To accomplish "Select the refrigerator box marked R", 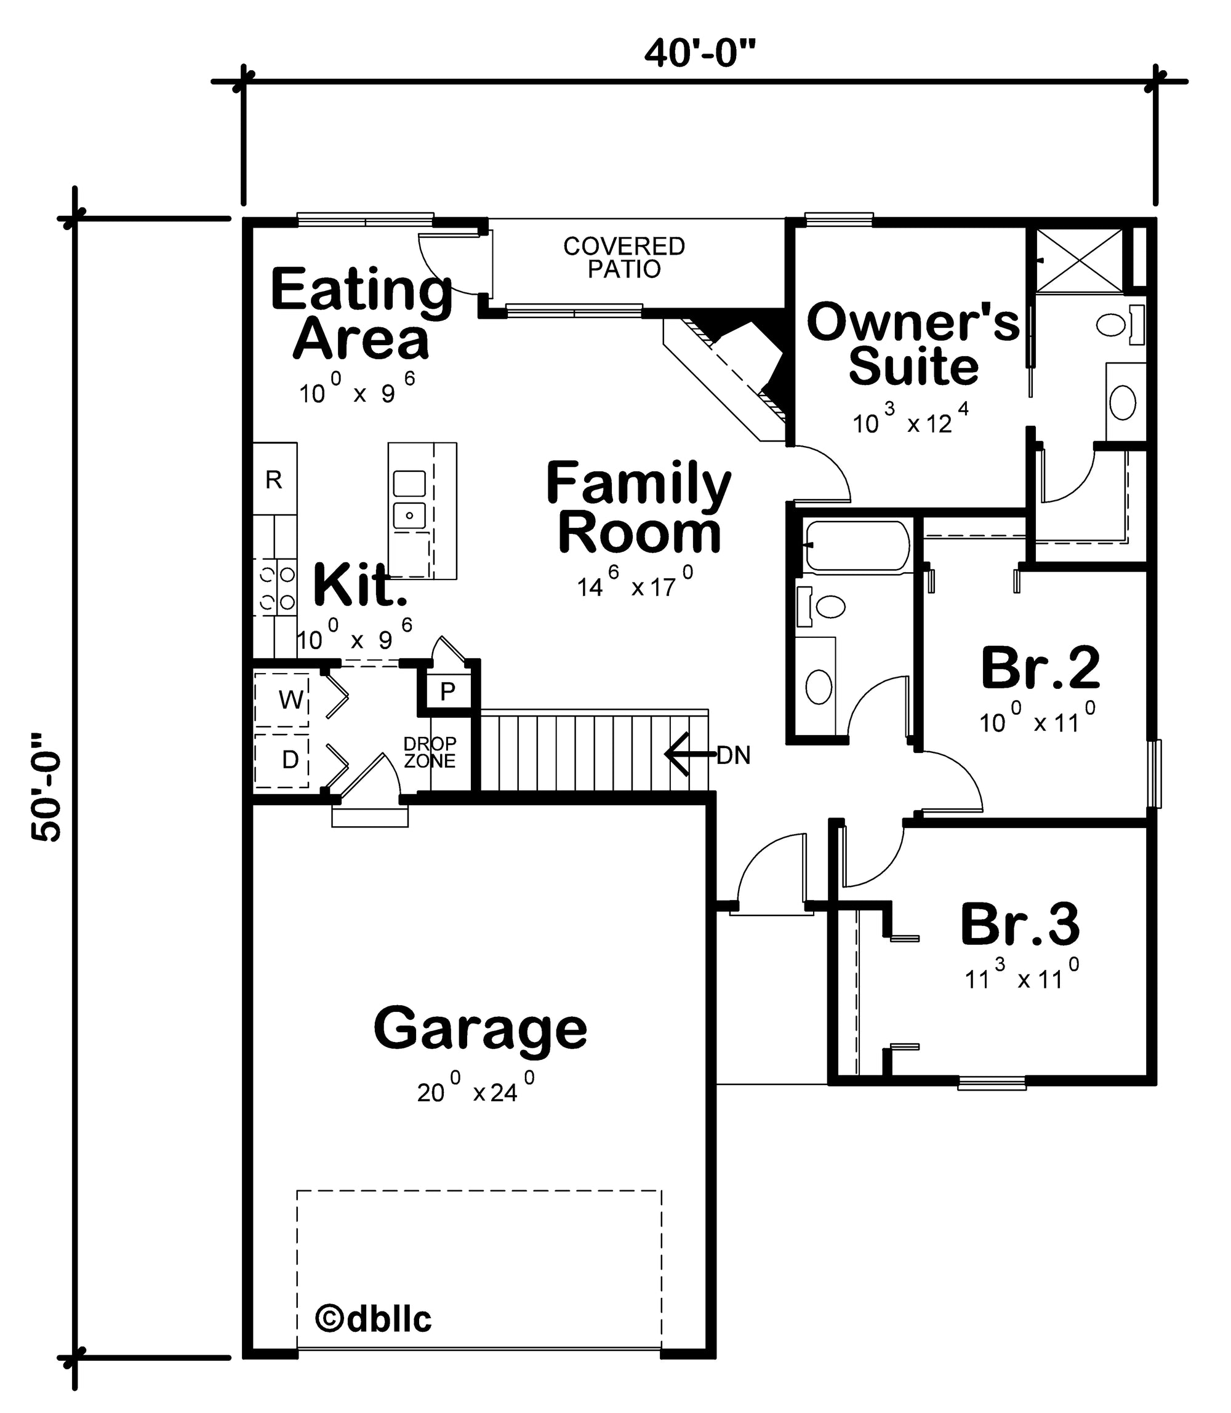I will pos(275,479).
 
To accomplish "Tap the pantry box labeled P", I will pos(448,691).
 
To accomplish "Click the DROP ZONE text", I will pos(430,752).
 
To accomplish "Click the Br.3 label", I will pos(1019,924).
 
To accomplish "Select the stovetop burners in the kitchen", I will pos(276,586).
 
